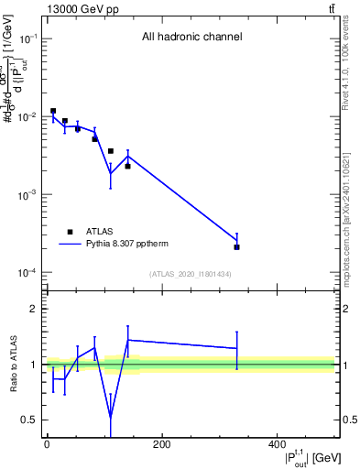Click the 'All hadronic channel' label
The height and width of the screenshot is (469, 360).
click(x=191, y=38)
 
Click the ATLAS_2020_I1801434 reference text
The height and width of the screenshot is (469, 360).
click(x=191, y=274)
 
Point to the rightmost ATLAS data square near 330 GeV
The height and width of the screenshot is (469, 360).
click(x=236, y=247)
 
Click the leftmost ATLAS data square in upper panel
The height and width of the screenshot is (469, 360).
click(x=53, y=111)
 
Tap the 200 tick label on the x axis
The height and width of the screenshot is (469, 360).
click(x=161, y=445)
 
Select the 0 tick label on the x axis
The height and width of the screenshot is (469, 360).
click(x=47, y=445)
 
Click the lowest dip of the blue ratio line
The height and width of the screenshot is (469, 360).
click(x=110, y=417)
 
